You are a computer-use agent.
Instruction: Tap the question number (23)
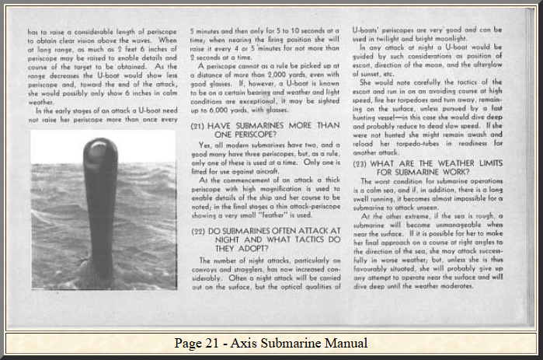361,163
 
